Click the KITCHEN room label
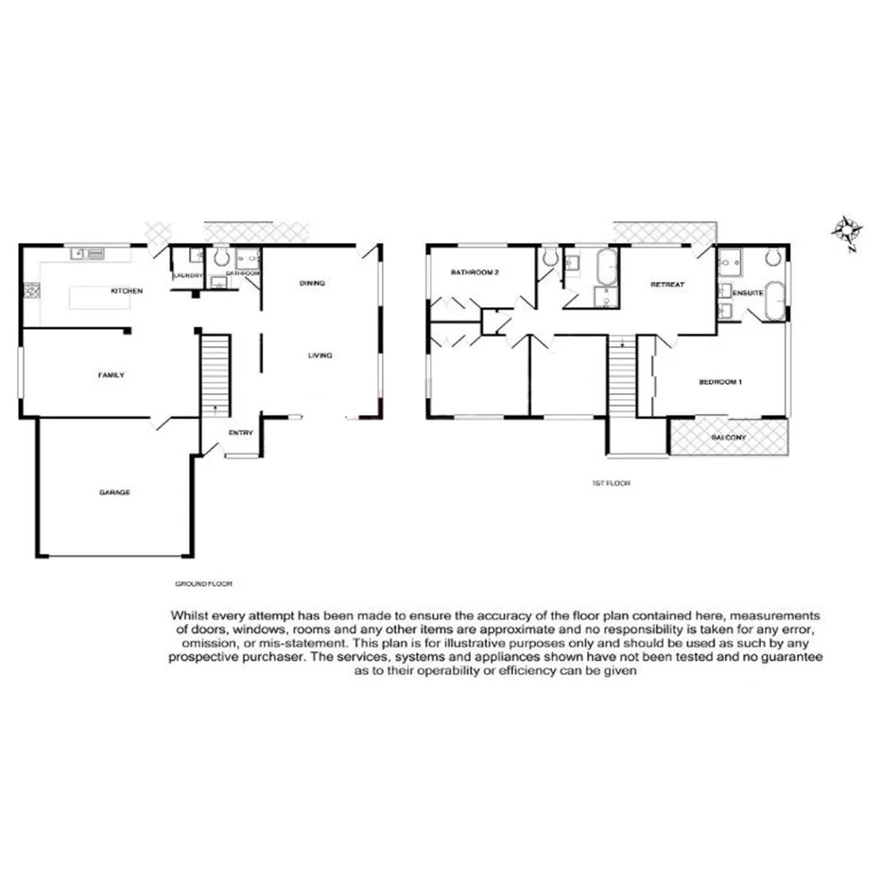click(x=127, y=291)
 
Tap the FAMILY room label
click(x=112, y=375)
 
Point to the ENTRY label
click(x=241, y=433)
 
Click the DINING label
click(x=313, y=283)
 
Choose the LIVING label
click(x=320, y=355)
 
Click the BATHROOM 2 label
click(x=474, y=273)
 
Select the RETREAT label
click(x=667, y=284)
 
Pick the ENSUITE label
click(x=749, y=293)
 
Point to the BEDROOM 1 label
click(x=720, y=382)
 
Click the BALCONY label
click(x=728, y=438)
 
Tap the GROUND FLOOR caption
click(x=203, y=584)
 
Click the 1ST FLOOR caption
click(x=610, y=483)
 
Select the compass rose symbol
click(x=843, y=230)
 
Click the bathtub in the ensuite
click(x=775, y=301)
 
